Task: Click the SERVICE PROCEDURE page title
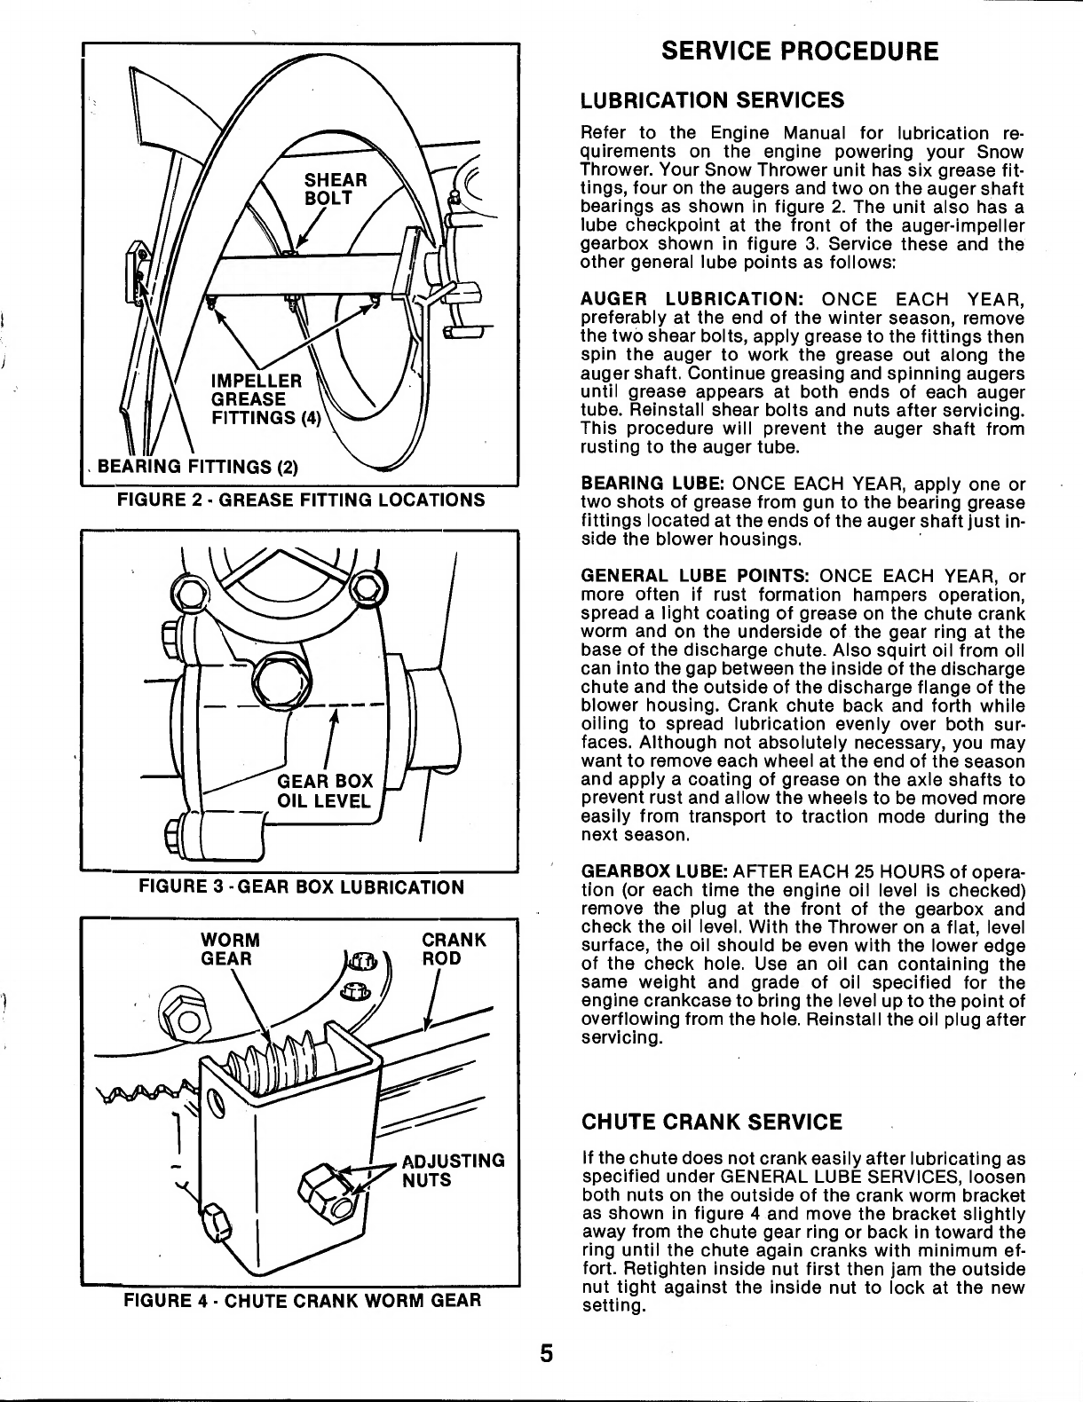point(800,51)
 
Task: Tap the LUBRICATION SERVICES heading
point(712,100)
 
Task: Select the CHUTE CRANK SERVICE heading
point(711,1122)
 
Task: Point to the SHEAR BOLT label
point(335,188)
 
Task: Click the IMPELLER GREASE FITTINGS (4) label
point(266,399)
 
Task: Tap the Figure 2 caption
point(301,500)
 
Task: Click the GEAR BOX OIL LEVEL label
point(325,791)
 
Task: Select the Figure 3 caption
point(302,886)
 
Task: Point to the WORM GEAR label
point(230,949)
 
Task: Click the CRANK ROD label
point(453,949)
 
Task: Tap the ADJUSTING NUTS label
point(453,1170)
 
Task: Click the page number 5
point(546,1353)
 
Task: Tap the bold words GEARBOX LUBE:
point(654,871)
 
